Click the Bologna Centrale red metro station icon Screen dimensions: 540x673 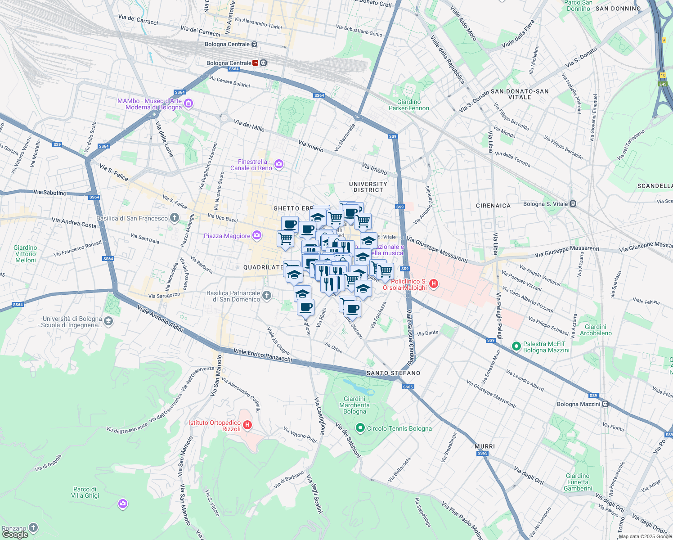pos(256,63)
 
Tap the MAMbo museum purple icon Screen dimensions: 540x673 pos(188,104)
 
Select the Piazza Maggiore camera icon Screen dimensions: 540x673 pos(256,235)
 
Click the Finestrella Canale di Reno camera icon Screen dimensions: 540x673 pos(279,165)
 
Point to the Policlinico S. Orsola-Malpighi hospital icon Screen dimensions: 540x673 pos(434,284)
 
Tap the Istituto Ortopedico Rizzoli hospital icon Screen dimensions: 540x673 pos(247,424)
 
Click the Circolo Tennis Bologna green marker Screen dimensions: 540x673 pos(360,428)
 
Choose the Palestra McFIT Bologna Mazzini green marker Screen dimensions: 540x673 pos(516,346)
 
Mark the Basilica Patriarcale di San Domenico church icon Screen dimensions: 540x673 pos(267,296)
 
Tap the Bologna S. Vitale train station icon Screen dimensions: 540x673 pos(573,204)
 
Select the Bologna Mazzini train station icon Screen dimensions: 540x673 pos(606,404)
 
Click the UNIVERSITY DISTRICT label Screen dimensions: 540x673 pos(368,187)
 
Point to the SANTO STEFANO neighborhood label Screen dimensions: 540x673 pos(393,373)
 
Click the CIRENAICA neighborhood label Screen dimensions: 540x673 pos(493,206)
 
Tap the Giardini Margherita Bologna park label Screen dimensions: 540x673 pos(354,405)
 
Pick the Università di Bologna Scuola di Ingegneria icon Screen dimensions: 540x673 pos(108,321)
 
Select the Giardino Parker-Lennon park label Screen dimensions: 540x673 pos(409,105)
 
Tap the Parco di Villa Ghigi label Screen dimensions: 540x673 pos(85,492)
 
